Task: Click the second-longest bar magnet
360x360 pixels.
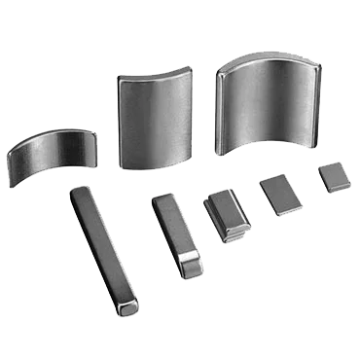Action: [x=174, y=234]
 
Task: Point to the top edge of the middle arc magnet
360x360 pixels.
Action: [x=156, y=74]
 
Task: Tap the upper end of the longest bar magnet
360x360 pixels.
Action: [x=80, y=194]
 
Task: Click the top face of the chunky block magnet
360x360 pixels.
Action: [x=222, y=203]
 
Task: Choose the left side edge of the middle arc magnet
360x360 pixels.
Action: [x=120, y=122]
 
